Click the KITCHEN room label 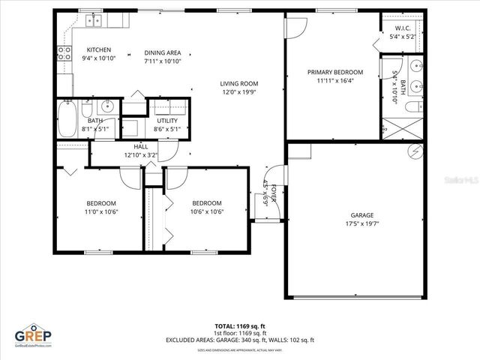(99, 49)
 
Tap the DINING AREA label (163, 52)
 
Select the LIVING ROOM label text (238, 83)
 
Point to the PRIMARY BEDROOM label (334, 73)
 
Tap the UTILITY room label (166, 121)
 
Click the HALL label (141, 146)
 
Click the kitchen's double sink (94, 21)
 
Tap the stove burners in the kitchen (63, 52)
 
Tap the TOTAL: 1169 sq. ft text (239, 327)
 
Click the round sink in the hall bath (106, 106)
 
